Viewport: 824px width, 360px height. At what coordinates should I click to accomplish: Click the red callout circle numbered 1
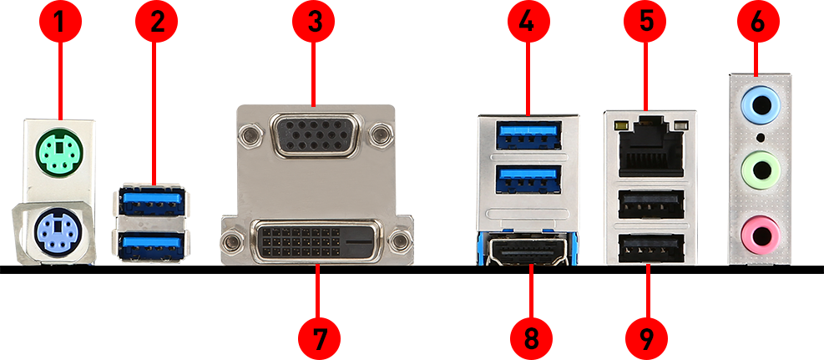[x=60, y=21]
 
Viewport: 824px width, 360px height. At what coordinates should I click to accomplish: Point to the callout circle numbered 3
[x=314, y=21]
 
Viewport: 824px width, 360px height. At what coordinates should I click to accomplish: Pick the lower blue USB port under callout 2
[x=152, y=246]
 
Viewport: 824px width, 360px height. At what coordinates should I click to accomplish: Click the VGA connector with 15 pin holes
[x=314, y=135]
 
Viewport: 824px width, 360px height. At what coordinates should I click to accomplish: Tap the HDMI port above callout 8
[x=528, y=250]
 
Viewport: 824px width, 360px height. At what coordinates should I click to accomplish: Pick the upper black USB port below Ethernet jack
[x=651, y=204]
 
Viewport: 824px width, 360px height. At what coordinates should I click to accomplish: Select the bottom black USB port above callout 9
[x=651, y=248]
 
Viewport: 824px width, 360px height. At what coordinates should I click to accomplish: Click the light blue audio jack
[x=760, y=106]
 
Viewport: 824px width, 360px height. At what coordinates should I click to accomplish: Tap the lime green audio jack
[x=760, y=170]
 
